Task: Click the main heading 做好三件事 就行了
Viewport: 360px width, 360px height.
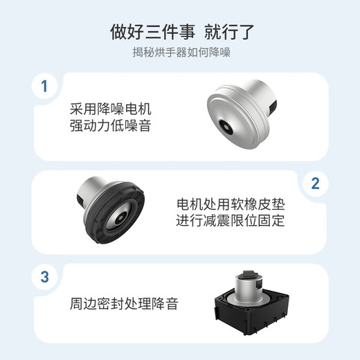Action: [182, 32]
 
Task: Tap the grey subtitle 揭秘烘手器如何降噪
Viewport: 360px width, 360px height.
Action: [181, 53]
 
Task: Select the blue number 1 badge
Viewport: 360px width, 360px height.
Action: [44, 87]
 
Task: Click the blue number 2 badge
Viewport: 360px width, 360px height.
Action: [316, 183]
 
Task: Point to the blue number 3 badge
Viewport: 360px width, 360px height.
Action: [44, 277]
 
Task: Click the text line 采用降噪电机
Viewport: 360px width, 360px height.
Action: [111, 109]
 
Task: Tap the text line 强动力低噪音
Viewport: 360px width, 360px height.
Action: [111, 126]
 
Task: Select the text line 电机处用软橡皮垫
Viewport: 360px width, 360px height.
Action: [231, 204]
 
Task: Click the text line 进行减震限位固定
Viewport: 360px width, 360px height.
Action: [231, 221]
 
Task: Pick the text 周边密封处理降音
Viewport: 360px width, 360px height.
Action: [124, 304]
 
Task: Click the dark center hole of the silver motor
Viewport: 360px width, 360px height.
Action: [224, 127]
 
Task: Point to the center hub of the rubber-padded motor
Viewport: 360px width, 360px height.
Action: [120, 217]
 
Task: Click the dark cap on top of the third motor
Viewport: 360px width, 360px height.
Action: [249, 275]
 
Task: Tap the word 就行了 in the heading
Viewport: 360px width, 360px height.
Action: [229, 32]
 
